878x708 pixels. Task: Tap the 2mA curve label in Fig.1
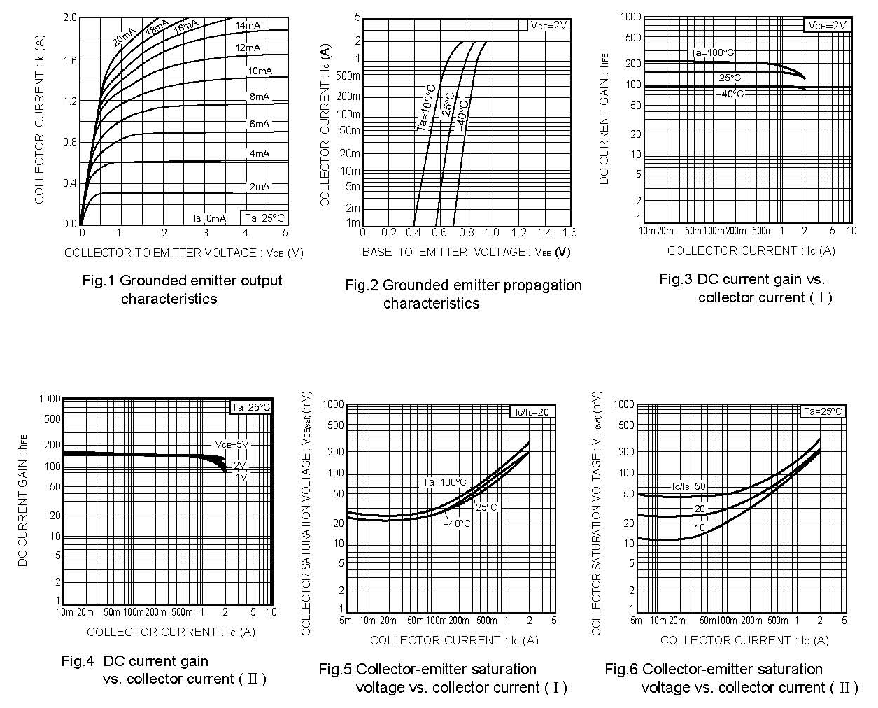click(259, 186)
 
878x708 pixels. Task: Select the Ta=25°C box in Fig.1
click(264, 218)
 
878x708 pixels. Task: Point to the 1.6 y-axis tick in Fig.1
click(70, 60)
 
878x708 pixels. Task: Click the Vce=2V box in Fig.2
click(548, 25)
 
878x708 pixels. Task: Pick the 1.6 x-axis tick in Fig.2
click(569, 232)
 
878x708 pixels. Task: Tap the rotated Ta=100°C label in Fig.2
click(426, 108)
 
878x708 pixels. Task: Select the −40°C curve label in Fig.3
click(730, 94)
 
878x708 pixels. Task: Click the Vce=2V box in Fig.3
click(828, 25)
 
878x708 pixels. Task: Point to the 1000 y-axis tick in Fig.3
click(630, 16)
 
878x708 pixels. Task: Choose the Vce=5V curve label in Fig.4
click(232, 444)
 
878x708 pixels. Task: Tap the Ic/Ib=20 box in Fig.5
click(533, 412)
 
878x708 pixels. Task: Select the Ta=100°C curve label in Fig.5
click(444, 482)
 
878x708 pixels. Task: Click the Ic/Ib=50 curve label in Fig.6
click(688, 486)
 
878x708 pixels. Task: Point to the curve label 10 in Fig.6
click(700, 528)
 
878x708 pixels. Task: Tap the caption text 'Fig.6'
click(621, 669)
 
